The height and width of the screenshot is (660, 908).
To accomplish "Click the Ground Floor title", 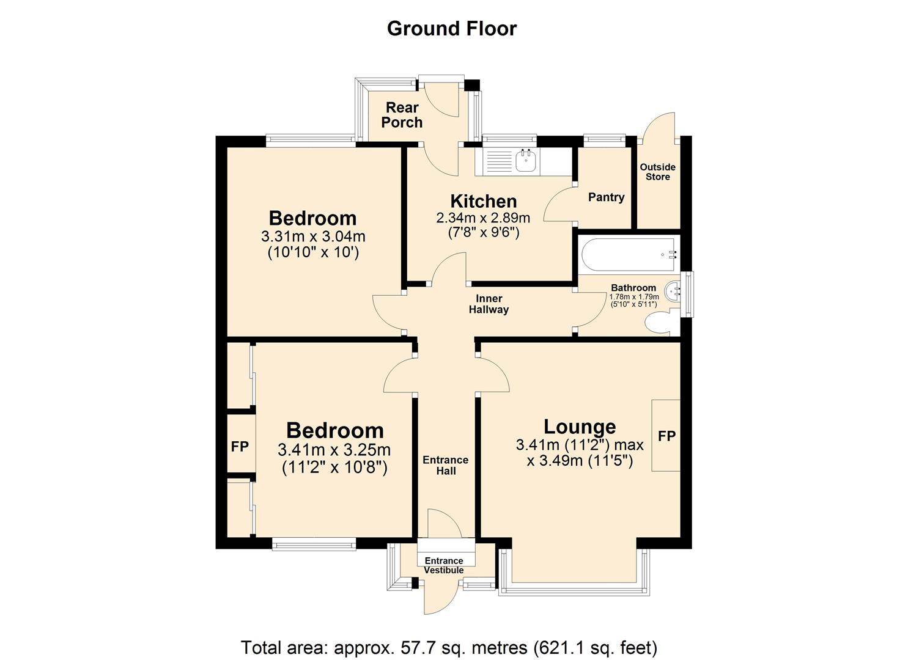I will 451,29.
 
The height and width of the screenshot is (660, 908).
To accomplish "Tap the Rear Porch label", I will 402,115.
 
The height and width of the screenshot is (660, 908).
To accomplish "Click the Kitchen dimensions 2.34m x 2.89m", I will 482,218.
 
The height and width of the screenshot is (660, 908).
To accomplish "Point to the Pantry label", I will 606,197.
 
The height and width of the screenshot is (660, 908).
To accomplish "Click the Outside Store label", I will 657,172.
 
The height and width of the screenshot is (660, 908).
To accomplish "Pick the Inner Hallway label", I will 489,304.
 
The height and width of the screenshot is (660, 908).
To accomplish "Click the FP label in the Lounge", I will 666,436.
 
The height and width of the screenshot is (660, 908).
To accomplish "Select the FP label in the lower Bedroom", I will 240,447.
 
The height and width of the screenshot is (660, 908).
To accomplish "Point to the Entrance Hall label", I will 445,465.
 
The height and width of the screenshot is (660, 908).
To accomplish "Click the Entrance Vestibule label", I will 444,565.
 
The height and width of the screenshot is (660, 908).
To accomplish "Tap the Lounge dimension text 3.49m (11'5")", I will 579,460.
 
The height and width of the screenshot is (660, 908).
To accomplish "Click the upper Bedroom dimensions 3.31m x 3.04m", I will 313,236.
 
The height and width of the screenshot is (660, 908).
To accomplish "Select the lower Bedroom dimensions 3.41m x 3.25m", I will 334,450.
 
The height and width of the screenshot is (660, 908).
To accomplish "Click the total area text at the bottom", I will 449,647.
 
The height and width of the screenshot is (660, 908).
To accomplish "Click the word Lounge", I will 580,427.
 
